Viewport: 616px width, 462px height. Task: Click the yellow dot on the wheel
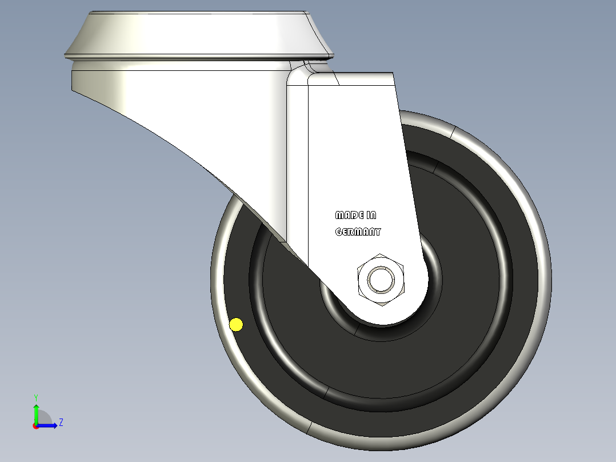(236, 325)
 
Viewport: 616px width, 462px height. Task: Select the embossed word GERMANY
(358, 232)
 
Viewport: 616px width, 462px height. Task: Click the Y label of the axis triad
(36, 397)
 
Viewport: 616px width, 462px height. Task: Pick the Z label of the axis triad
(61, 423)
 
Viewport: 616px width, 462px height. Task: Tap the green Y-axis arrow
(36, 413)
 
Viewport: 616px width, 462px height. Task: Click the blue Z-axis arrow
(49, 425)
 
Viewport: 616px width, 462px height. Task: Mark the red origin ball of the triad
(36, 426)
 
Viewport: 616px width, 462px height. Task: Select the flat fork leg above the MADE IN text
(354, 143)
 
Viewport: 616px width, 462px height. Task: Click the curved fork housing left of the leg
(217, 114)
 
